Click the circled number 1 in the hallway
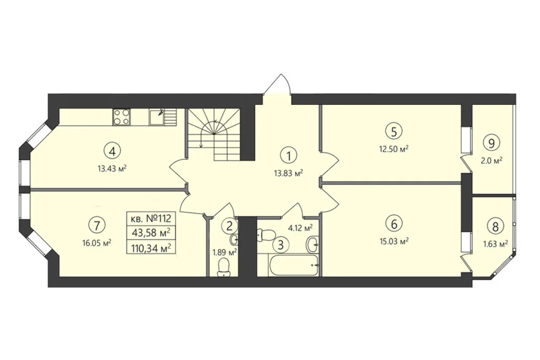coord(288,156)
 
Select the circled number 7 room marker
coord(97,226)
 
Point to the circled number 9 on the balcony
coord(491,143)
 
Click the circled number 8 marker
coord(495,227)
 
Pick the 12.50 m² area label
coord(394,149)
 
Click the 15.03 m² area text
coord(394,241)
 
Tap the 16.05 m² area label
coord(97,243)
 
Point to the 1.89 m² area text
coord(225,252)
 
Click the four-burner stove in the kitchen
coord(122,116)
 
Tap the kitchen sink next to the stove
coord(157,117)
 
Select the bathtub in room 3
coord(293,265)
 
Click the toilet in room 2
coord(224,268)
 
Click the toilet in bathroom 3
coord(266,235)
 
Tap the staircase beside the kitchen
coord(214,134)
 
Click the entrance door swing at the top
coord(277,84)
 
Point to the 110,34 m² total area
coord(151,248)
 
